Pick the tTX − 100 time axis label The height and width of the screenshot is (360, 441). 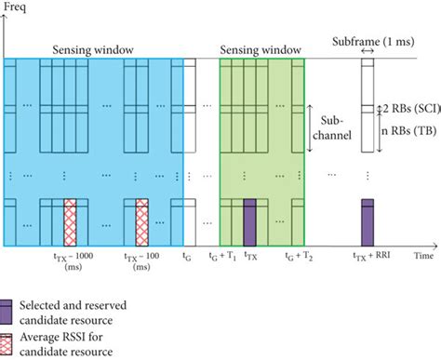point(141,257)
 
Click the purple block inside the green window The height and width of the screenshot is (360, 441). point(249,222)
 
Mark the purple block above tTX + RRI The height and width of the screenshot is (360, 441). point(367,222)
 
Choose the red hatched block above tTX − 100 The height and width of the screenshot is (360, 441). point(142,222)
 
